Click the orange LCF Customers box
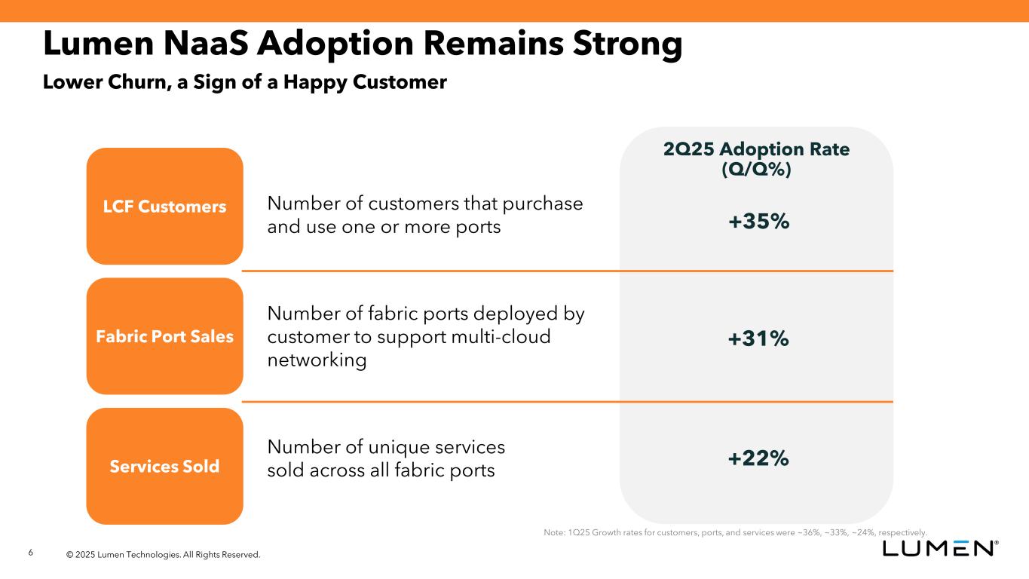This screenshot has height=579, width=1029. point(164,206)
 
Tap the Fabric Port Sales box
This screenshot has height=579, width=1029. point(164,336)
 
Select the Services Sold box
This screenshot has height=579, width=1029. point(164,466)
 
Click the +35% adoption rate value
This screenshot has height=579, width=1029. point(758,222)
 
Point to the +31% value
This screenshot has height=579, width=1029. point(758,339)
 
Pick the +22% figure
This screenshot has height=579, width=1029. point(758,458)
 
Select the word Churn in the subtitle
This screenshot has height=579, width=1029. point(130,81)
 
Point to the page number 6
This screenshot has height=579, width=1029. point(30,553)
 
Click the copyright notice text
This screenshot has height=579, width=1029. point(163,555)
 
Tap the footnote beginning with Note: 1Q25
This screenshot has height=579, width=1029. point(735,532)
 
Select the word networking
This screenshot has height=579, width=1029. point(317,360)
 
